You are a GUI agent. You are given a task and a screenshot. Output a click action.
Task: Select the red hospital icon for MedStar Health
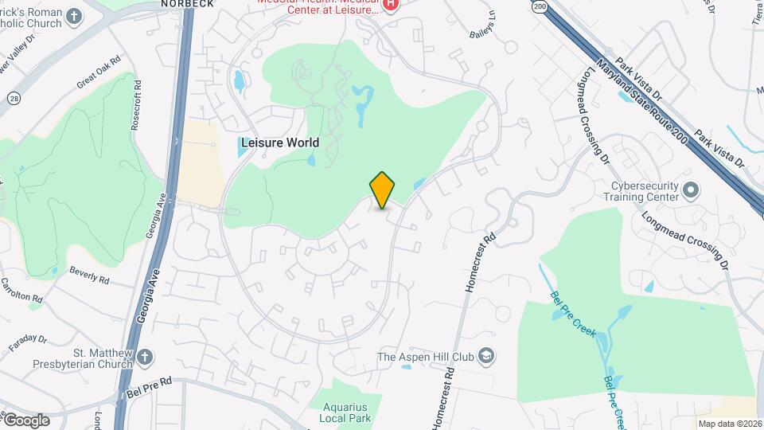391,6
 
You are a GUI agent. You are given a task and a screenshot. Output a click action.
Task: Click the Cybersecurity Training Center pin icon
690,191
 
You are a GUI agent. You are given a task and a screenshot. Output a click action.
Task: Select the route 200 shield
540,6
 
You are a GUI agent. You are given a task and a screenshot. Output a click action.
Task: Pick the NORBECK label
188,4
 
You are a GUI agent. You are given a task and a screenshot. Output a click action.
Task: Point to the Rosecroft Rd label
138,104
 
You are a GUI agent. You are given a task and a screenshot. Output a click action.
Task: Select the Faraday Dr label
29,344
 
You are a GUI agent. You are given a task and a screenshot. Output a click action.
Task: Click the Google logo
25,420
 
